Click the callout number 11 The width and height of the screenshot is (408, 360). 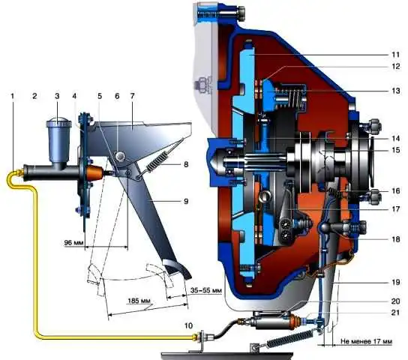pos(395,55)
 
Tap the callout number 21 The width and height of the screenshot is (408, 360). pos(395,312)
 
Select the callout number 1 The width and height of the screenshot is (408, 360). pos(13,96)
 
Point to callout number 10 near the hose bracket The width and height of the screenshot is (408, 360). pos(189,325)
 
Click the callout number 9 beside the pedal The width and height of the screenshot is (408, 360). pos(186,201)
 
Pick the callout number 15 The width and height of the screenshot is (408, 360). pos(395,150)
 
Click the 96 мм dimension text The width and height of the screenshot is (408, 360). pos(73,243)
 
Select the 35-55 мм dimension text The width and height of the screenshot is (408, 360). pos(206,290)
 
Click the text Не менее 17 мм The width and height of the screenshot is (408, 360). pos(366,341)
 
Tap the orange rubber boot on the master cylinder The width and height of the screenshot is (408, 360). pos(94,173)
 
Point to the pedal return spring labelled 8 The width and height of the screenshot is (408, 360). pos(157,162)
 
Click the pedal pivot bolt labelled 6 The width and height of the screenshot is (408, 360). pos(121,156)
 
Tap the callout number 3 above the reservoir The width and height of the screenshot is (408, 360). pos(57,96)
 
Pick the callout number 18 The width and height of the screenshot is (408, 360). pos(395,238)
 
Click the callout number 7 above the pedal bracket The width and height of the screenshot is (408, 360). pos(133,96)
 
